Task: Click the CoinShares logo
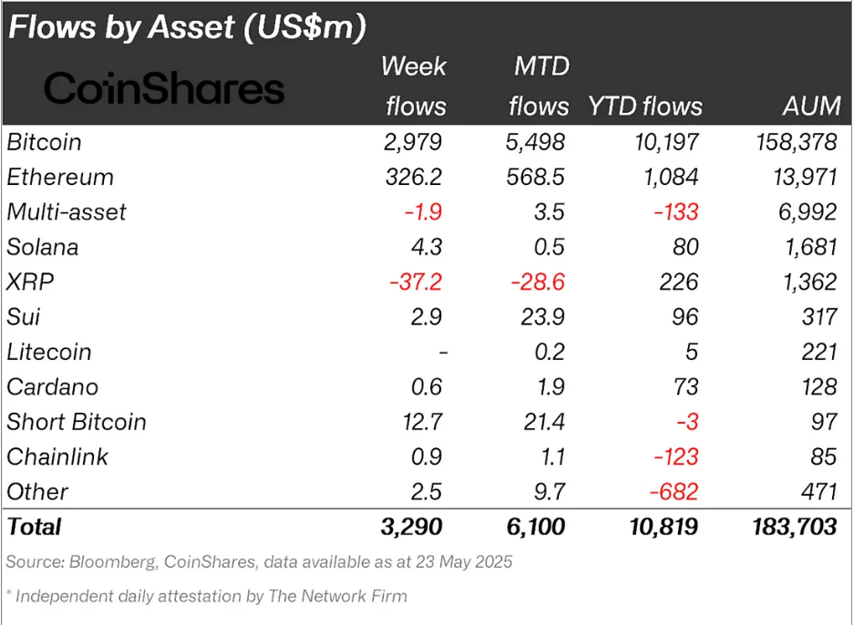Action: [164, 88]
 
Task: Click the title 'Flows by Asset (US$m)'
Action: [187, 27]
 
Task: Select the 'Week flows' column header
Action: [416, 86]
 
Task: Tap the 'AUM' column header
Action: [810, 106]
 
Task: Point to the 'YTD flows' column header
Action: [645, 106]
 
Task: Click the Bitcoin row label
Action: [44, 142]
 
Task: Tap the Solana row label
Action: [42, 247]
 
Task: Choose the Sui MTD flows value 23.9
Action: [540, 317]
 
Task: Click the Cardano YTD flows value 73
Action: [683, 386]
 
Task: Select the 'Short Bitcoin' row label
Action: [76, 422]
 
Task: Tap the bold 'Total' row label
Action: [34, 527]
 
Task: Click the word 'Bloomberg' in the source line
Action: [109, 562]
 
